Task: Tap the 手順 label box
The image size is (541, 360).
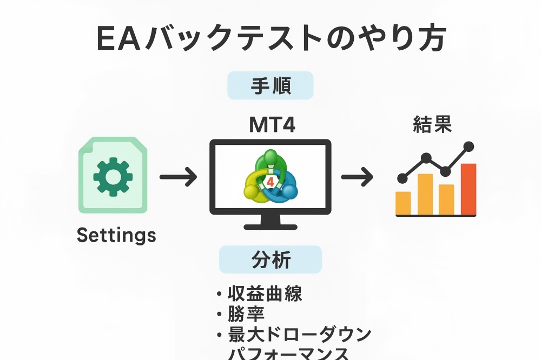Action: (270, 85)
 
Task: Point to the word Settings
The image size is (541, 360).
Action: (116, 235)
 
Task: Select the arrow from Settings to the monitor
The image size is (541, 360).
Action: (178, 177)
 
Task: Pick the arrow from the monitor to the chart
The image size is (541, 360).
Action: (357, 177)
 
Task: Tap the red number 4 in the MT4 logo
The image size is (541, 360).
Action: (270, 179)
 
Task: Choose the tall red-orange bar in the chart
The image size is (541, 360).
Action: (468, 189)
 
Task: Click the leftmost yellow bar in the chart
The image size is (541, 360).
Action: (403, 203)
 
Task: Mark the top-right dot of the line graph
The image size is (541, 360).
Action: (469, 145)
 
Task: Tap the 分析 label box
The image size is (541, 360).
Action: (270, 260)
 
